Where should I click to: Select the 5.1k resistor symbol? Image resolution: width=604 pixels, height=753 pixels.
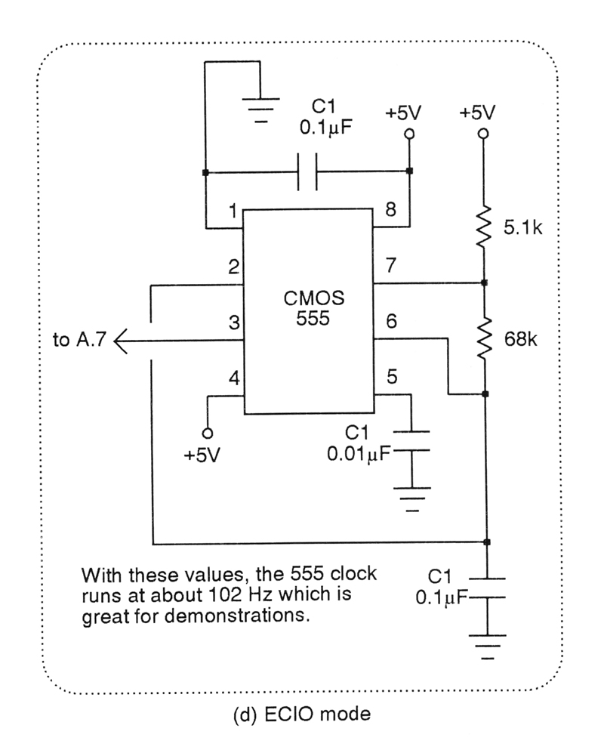(x=484, y=227)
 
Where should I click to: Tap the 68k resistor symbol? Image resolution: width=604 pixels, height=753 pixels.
(x=484, y=338)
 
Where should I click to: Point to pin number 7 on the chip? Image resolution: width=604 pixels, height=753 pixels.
(x=390, y=266)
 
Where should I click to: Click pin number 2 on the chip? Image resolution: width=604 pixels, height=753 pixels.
(x=233, y=266)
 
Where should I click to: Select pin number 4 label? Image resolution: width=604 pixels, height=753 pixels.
(x=233, y=378)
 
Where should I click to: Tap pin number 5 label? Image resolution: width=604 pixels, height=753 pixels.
(x=390, y=377)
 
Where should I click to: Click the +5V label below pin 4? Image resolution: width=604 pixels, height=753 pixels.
(x=203, y=457)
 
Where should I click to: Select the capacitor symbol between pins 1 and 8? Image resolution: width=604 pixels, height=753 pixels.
(x=307, y=171)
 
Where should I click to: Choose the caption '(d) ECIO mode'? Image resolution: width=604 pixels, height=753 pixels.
(x=301, y=714)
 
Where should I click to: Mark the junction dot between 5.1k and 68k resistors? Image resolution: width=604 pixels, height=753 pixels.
(x=484, y=284)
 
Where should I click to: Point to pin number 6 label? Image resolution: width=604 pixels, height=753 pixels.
(x=390, y=322)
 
